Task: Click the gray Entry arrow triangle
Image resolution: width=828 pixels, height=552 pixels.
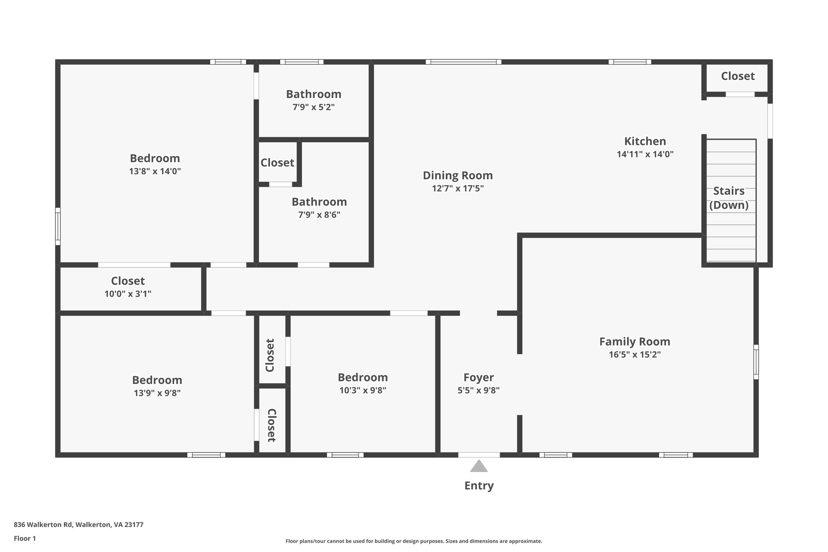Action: pos(479,467)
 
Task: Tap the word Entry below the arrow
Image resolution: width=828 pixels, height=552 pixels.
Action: pos(479,486)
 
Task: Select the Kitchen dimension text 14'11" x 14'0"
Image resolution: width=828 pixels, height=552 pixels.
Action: pos(645,154)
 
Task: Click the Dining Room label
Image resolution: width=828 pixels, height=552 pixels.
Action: pos(458,176)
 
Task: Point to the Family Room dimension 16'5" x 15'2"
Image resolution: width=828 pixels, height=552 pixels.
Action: pos(635,355)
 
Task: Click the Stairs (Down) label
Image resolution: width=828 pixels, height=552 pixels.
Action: pos(729,198)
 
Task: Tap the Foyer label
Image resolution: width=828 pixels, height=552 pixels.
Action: pos(479,377)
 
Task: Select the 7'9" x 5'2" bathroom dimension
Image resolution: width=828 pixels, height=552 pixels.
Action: pos(313,107)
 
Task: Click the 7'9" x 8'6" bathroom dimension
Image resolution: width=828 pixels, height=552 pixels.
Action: pos(319,215)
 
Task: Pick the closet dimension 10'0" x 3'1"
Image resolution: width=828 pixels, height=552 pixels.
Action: pos(128,294)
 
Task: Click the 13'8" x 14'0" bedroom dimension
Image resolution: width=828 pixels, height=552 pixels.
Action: pos(155,171)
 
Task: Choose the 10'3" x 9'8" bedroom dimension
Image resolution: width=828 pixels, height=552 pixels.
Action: pos(363,390)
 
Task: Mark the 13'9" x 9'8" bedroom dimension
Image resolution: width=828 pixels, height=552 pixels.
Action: pos(157,393)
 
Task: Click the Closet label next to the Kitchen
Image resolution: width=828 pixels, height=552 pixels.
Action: pos(738,76)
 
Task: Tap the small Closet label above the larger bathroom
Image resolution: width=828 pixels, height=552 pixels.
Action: pos(277,163)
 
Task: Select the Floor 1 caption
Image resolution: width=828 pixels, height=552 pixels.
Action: pos(25,538)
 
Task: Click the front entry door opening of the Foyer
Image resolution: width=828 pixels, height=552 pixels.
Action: pos(479,455)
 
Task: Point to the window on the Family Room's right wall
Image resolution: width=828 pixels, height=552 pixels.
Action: pos(756,362)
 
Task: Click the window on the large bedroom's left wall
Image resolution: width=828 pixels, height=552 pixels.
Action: pos(58,226)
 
